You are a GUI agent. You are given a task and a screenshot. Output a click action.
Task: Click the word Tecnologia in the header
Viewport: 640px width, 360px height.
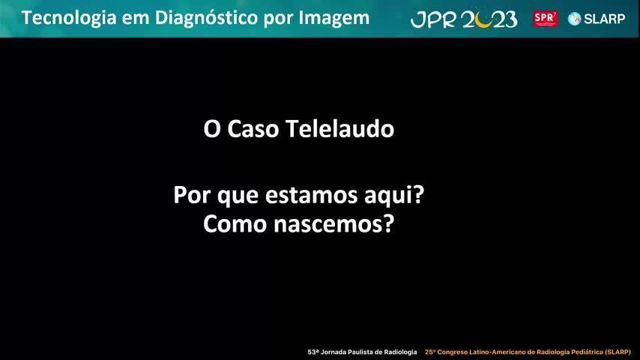coord(69,19)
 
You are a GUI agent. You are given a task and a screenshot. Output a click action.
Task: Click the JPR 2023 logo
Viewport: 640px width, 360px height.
coord(464,19)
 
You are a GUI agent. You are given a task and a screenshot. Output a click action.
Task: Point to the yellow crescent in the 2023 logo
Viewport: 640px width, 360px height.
coord(484,22)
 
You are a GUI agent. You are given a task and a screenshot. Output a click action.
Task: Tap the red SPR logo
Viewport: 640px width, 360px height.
coord(546,19)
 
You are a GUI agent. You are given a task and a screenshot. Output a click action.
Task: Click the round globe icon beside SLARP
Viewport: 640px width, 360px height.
coord(575,19)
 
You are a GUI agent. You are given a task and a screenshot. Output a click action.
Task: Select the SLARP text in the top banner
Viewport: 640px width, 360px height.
coord(605,19)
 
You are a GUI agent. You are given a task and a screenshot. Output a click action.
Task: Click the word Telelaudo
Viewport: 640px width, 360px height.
coord(339,129)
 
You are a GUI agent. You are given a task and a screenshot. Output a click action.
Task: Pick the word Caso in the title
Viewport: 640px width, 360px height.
coord(253,129)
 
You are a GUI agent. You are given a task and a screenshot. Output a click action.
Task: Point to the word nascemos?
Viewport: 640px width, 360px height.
coord(334,223)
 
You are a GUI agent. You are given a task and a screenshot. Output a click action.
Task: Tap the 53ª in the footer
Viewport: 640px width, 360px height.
coord(313,352)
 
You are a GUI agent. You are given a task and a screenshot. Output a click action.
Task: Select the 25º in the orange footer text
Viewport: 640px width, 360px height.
coord(430,352)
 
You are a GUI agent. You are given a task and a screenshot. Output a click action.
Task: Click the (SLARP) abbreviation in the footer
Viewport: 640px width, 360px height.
coord(618,352)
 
